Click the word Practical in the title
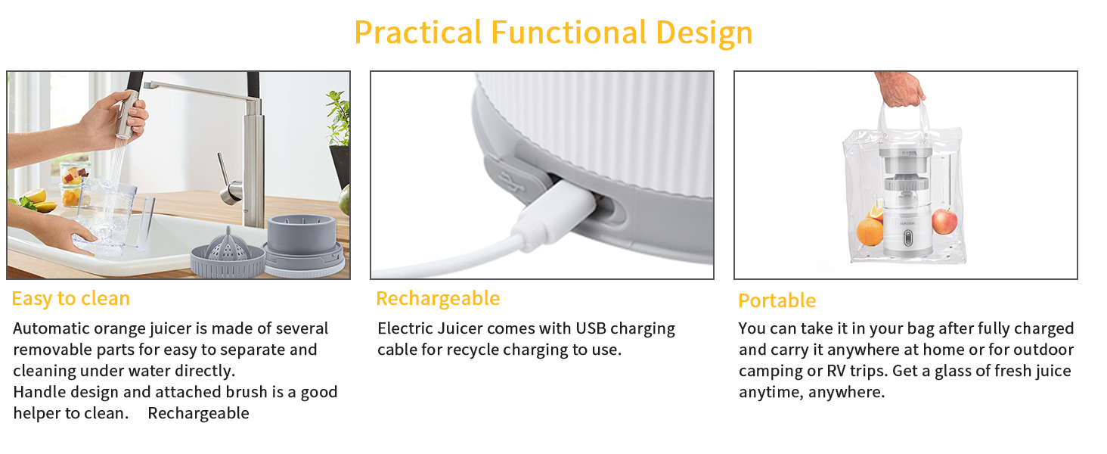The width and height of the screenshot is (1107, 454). (418, 33)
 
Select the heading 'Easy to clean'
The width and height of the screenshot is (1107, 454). (70, 299)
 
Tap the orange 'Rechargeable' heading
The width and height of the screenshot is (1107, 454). (438, 299)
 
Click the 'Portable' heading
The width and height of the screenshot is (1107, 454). (777, 300)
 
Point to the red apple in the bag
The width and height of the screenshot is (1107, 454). (944, 221)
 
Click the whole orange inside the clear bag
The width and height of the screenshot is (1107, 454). (870, 231)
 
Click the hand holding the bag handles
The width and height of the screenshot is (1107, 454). (899, 89)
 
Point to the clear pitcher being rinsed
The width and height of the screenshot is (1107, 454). (113, 216)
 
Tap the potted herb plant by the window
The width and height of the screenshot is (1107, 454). (339, 129)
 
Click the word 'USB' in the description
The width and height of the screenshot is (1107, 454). (591, 329)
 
